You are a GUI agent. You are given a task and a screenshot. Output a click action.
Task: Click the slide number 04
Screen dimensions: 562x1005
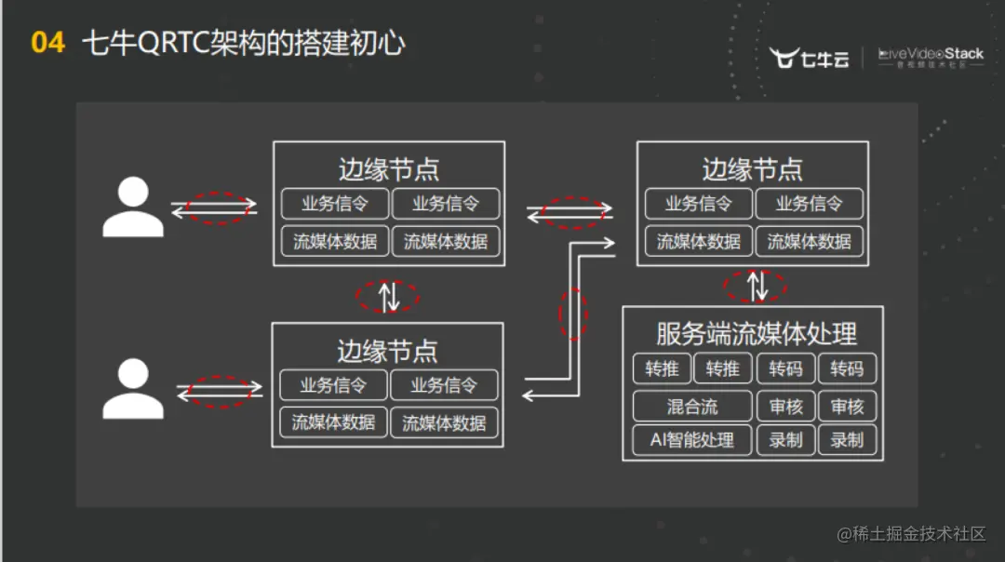[x=47, y=43]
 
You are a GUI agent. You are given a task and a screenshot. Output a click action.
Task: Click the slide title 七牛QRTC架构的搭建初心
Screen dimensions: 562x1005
[x=244, y=43]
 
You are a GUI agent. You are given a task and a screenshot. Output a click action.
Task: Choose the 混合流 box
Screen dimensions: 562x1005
[x=692, y=407]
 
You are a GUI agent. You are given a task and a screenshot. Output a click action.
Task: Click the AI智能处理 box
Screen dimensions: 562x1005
[x=692, y=440]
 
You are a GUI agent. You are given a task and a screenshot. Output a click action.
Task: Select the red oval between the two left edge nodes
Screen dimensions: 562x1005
[x=388, y=296]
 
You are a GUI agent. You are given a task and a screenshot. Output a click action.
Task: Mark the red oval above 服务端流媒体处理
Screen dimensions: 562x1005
[x=755, y=286]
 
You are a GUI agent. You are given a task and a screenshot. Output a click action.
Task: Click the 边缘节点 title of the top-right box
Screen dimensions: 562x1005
[x=752, y=169]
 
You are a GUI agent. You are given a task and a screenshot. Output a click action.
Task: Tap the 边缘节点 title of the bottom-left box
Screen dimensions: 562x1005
[x=387, y=351]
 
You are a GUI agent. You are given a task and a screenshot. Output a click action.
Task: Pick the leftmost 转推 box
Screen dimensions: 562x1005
[x=662, y=369]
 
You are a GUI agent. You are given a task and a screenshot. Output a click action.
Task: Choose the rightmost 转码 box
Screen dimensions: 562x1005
[x=847, y=369]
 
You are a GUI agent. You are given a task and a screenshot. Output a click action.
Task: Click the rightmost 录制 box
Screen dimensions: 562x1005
[x=847, y=440]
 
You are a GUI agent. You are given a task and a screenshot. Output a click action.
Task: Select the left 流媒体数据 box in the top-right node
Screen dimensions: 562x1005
[x=698, y=242]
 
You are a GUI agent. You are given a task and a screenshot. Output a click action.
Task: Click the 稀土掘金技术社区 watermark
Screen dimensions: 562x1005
[x=911, y=534]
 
